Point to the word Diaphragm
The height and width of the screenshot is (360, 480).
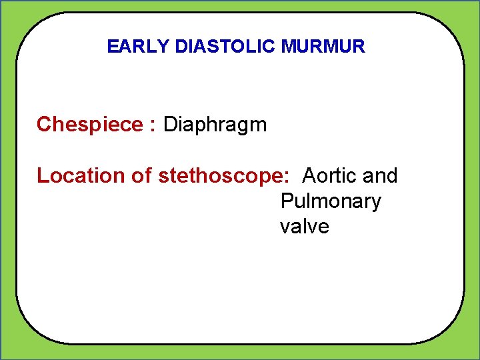click(215, 125)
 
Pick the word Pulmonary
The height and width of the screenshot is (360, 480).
click(331, 201)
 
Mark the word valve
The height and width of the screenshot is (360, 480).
click(305, 227)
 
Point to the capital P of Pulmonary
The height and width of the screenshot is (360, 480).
click(287, 201)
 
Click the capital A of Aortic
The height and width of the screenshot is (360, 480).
click(309, 176)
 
